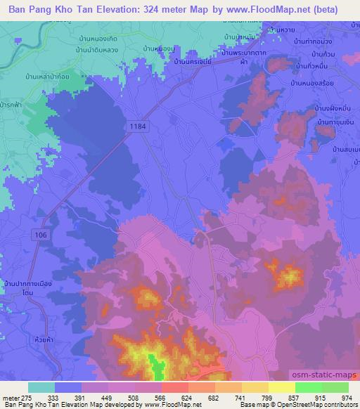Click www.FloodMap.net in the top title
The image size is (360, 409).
pos(264,11)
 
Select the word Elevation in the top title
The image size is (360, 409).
pos(120,11)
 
